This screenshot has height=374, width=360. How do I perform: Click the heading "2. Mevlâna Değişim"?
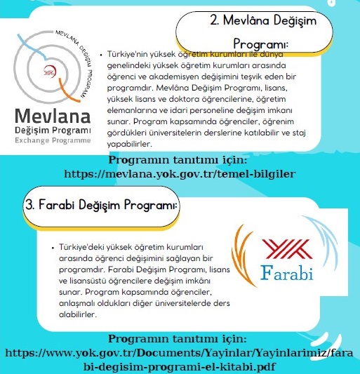point(263,20)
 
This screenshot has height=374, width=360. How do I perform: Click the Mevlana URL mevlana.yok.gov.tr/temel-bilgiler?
point(179,173)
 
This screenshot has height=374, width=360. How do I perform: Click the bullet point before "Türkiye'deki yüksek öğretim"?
point(53,248)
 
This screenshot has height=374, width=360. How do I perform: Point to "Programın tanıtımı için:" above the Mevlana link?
point(180,159)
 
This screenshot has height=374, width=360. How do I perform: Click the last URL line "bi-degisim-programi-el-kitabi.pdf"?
point(180,366)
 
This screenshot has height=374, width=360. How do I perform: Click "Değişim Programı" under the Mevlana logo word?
point(52,131)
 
